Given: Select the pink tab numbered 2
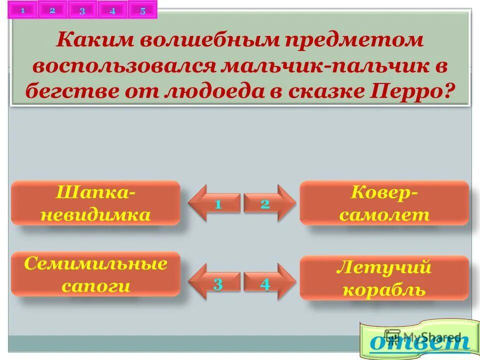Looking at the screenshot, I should click(x=52, y=10).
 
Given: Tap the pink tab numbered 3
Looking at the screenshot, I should click(x=82, y=11).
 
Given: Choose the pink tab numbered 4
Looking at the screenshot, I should click(x=112, y=11).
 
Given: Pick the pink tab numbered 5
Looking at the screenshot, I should click(x=142, y=11).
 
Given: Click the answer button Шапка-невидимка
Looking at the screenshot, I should click(x=95, y=203).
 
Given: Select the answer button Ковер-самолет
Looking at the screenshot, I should click(x=384, y=203).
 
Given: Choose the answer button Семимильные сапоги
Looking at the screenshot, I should click(x=95, y=274).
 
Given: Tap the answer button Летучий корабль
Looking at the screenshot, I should click(x=384, y=278).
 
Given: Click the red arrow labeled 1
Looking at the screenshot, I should click(x=215, y=203).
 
